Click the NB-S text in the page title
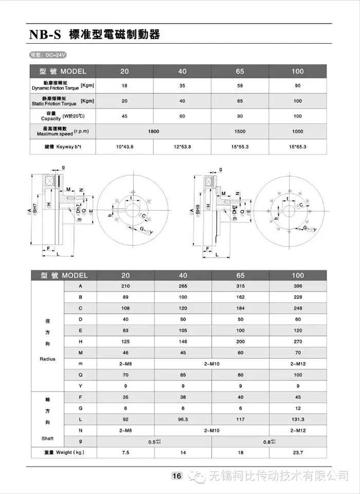click(x=45, y=35)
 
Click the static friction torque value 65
click(x=240, y=101)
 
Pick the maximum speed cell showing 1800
click(x=153, y=132)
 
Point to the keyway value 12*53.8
click(x=182, y=147)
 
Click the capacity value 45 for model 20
click(x=124, y=116)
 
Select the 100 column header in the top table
click(x=297, y=71)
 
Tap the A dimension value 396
click(x=297, y=286)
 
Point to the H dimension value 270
click(x=297, y=341)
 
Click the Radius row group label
click(x=47, y=359)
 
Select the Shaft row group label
click(x=47, y=438)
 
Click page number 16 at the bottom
click(x=176, y=476)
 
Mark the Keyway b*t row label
click(x=62, y=147)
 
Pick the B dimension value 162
click(x=240, y=297)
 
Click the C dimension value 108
click(x=124, y=308)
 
